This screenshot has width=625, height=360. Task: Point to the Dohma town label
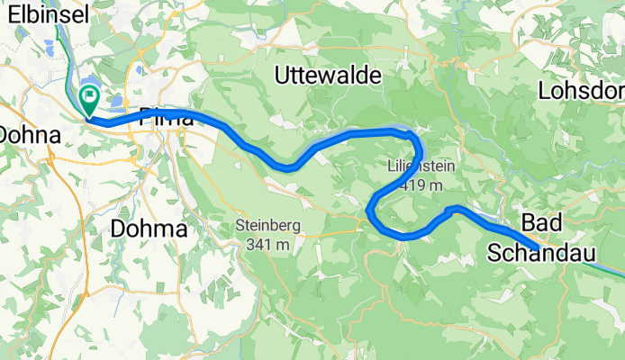149,229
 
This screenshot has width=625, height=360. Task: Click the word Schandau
543,254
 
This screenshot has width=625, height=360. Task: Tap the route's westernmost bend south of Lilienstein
369,213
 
